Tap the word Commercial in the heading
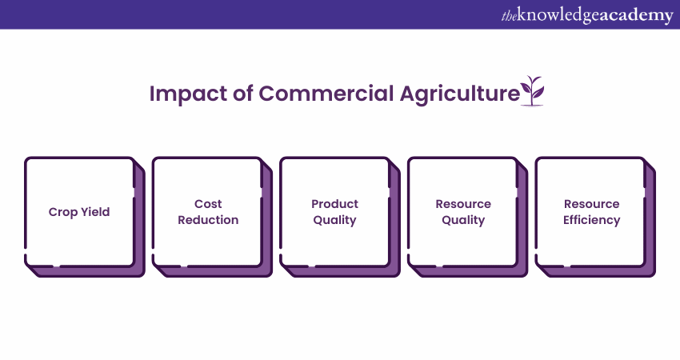point(326,94)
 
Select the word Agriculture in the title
point(459,94)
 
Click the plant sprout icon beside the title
point(532,91)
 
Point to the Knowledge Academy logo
point(587,14)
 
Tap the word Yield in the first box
point(95,211)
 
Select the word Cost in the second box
point(208,203)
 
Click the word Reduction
point(208,220)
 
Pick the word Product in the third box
point(334,203)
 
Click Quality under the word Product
point(334,220)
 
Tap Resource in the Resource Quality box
point(463,203)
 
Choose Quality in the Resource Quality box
point(463,220)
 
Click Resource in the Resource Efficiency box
point(591,203)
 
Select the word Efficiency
point(591,220)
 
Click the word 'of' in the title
point(243,94)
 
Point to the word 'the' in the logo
point(509,17)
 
